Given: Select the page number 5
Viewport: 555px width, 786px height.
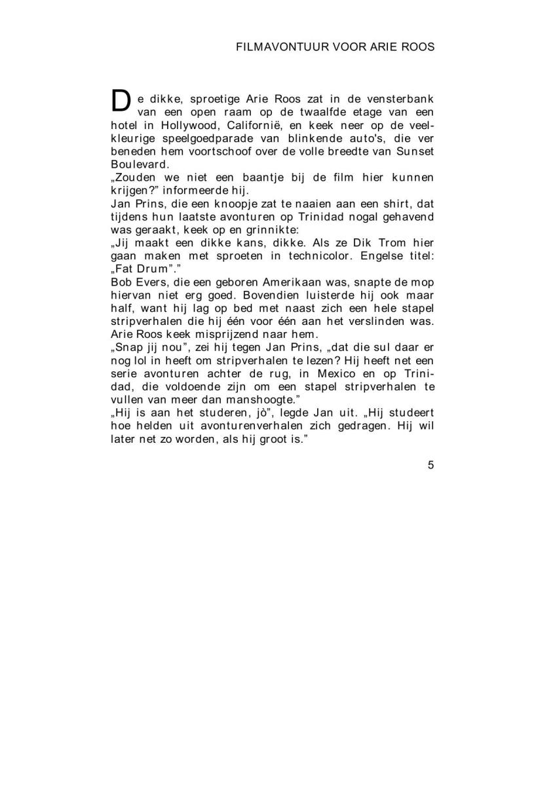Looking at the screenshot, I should pos(431,466).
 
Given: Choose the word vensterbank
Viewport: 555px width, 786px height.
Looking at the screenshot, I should pos(401,98).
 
